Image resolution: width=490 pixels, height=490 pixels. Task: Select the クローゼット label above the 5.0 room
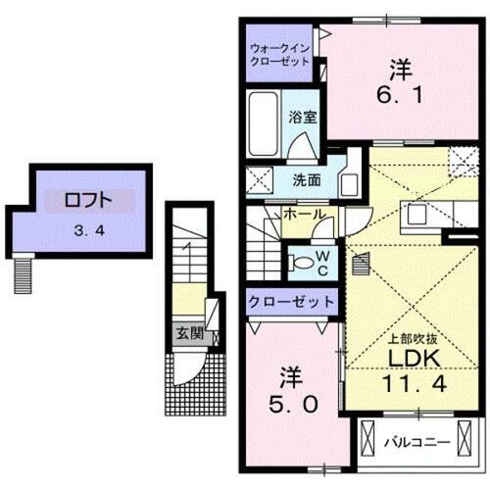click(291, 301)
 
